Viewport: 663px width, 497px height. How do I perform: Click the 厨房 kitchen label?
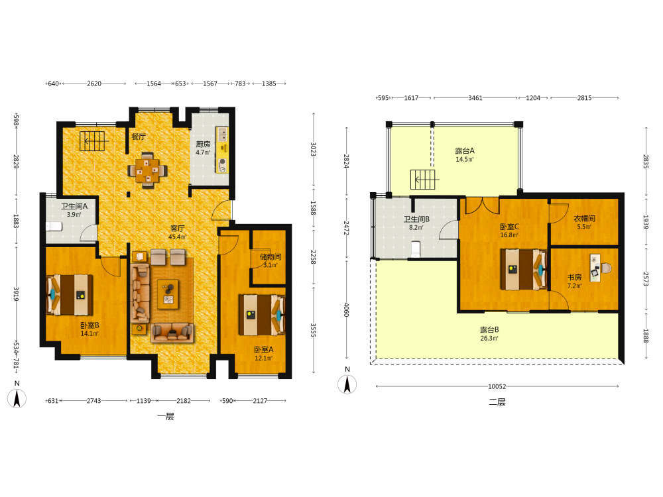coord(203,144)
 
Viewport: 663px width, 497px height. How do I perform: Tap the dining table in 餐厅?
coord(148,170)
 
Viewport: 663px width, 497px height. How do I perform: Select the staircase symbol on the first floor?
coord(92,140)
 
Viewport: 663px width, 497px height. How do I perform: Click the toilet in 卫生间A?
coord(54,226)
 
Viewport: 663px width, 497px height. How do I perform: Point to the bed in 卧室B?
coord(70,295)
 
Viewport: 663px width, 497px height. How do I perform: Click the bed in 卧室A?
coord(262,315)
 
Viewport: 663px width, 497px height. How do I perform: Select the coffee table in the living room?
coord(168,294)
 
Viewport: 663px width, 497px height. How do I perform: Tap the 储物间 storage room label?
coord(271,256)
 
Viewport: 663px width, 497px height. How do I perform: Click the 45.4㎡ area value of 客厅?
coord(177,237)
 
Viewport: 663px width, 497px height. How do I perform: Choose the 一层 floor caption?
coord(166,416)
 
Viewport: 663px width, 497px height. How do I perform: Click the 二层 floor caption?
coord(497,402)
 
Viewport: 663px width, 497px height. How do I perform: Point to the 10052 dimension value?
coord(497,386)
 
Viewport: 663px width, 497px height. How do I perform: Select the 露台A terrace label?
coord(465,151)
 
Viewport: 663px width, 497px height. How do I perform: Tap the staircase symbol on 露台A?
coord(423,179)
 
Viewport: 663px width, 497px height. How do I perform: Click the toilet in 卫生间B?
coord(416,249)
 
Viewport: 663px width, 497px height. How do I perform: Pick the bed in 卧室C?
coord(524,269)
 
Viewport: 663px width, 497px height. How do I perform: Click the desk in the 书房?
coord(595,268)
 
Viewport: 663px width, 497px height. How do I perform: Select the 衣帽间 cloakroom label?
coord(584,218)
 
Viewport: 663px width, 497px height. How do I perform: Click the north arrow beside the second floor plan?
coord(347,384)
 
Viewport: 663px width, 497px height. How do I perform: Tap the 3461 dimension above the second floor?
coord(475,98)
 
